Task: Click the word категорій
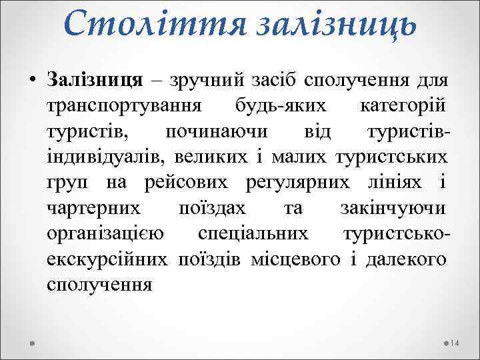click(403, 107)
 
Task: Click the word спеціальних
click(253, 233)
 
